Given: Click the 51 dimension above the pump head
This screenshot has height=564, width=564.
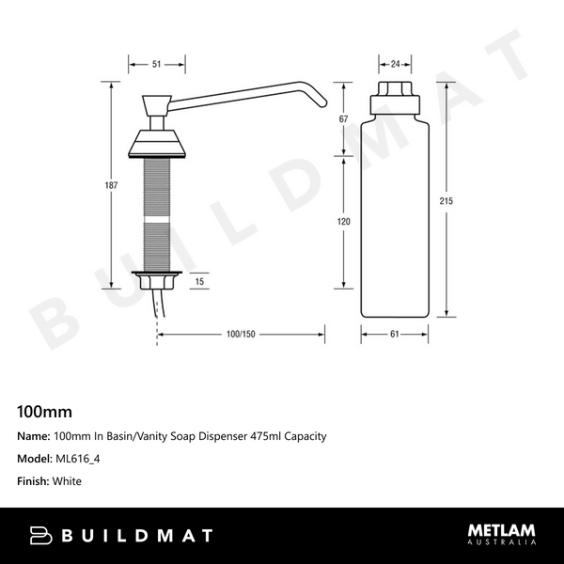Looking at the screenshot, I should click(156, 64).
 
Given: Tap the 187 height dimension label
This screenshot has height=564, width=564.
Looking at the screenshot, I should click(111, 185).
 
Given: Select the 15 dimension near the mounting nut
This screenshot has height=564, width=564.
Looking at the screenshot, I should click(198, 281).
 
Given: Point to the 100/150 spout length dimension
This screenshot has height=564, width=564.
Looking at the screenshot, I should click(241, 334).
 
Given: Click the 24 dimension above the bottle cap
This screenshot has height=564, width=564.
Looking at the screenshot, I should click(395, 64).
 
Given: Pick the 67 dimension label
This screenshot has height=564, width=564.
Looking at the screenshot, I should click(344, 119).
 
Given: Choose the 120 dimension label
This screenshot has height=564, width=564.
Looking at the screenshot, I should click(344, 222).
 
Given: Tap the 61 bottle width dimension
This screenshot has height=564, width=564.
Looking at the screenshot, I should click(395, 334).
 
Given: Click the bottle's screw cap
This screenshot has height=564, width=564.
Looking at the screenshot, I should click(395, 96).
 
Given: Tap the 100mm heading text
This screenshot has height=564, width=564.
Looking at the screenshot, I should click(44, 411).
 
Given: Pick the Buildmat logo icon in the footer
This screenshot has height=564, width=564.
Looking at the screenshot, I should click(42, 536).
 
